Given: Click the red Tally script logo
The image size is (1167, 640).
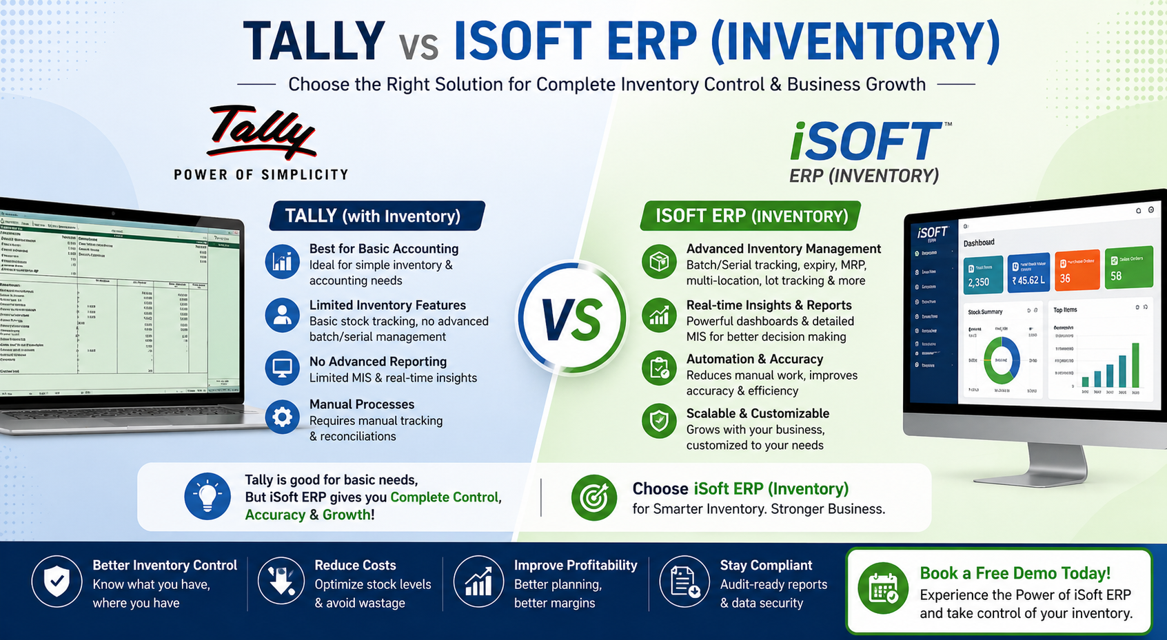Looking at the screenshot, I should [x=261, y=131].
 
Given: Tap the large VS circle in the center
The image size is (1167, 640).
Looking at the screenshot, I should [x=571, y=319].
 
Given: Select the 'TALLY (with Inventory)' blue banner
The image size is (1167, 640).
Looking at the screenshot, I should [x=376, y=216].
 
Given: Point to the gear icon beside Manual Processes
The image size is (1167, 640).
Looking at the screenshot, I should [x=282, y=417].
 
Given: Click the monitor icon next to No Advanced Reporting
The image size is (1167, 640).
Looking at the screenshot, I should [x=282, y=369].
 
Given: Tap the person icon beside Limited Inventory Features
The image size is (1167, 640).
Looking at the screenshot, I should [x=282, y=315].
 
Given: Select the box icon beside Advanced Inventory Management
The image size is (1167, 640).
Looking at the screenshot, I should [x=659, y=262].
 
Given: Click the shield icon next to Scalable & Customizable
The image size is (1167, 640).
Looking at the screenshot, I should [x=659, y=420].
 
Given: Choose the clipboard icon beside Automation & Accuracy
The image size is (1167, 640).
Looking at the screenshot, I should [x=659, y=369].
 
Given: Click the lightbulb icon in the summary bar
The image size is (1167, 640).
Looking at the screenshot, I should [x=207, y=496].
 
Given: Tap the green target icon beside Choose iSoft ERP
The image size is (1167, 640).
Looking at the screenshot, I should [x=594, y=497].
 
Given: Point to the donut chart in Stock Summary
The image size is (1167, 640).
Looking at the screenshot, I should [x=1002, y=360].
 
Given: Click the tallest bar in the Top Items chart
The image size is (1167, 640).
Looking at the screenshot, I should [x=1135, y=365].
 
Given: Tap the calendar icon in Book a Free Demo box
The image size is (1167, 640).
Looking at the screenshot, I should [x=883, y=590].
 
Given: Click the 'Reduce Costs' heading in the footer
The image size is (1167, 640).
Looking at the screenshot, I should [x=355, y=566].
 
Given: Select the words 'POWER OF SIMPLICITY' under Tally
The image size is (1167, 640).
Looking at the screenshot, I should [x=261, y=175].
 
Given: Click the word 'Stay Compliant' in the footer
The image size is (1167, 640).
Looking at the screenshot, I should [x=766, y=566].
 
